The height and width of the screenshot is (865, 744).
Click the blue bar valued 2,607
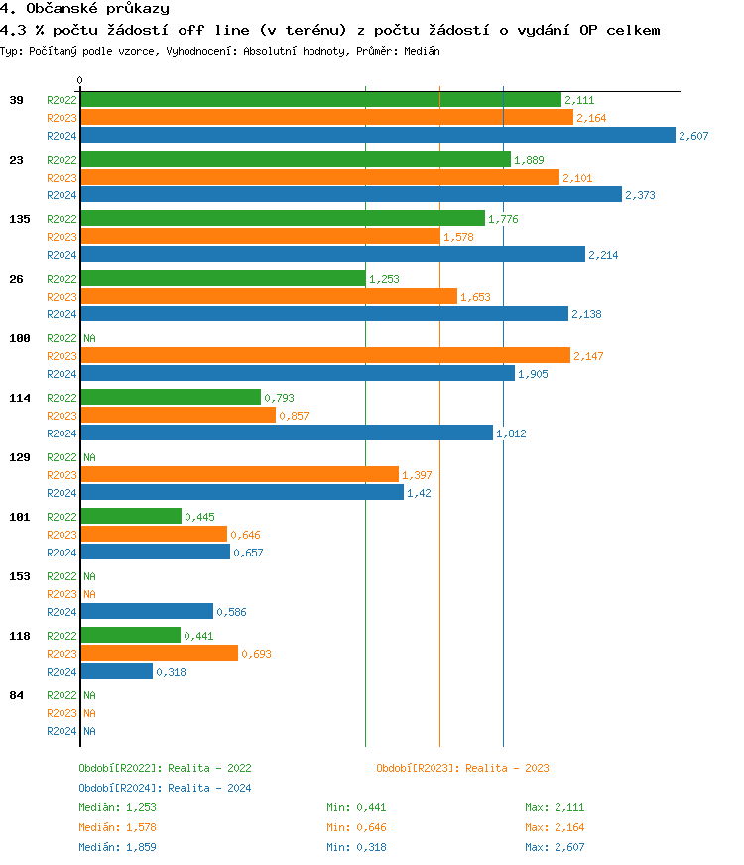click(x=377, y=135)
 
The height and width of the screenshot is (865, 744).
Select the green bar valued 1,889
click(x=295, y=159)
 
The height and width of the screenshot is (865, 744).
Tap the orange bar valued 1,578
click(x=260, y=236)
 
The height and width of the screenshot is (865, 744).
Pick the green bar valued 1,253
click(x=222, y=278)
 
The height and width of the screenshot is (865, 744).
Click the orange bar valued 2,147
click(x=324, y=355)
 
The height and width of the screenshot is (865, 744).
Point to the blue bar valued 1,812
click(x=286, y=432)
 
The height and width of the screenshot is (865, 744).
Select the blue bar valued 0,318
click(x=116, y=671)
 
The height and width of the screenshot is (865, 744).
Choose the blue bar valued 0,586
click(x=146, y=611)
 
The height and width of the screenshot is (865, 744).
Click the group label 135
click(x=19, y=219)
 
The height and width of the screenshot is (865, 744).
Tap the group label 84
click(x=16, y=695)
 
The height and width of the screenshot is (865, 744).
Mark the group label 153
click(x=19, y=576)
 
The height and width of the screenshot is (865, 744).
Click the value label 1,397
click(x=417, y=475)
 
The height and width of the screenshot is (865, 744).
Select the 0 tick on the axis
click(x=80, y=80)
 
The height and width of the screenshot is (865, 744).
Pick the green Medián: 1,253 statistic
click(x=117, y=807)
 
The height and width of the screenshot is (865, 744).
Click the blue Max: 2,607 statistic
click(x=555, y=847)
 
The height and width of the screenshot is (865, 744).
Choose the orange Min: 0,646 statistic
click(x=356, y=827)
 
